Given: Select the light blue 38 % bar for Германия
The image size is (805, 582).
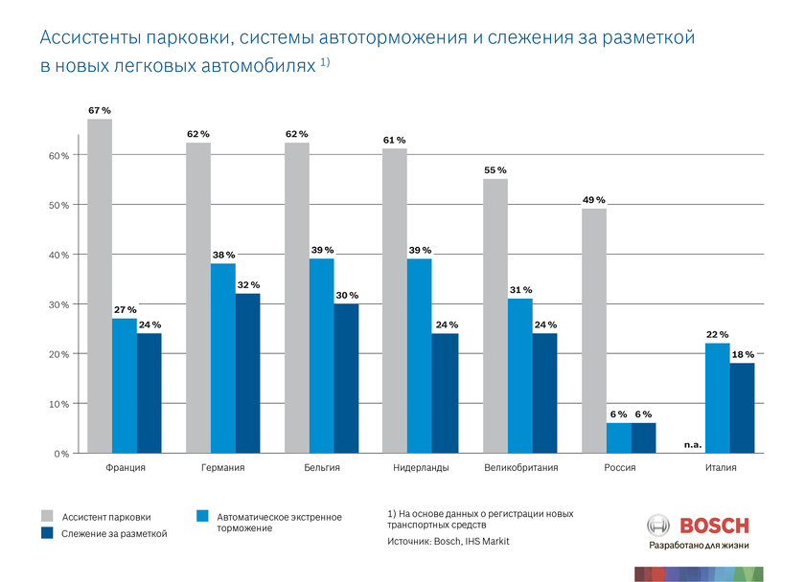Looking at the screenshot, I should click(x=223, y=357).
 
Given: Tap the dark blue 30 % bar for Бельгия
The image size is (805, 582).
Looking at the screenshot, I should click(x=346, y=378).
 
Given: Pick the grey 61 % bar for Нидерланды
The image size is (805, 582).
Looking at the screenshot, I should click(x=395, y=300).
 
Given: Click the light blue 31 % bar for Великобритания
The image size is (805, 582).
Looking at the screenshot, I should click(x=520, y=375).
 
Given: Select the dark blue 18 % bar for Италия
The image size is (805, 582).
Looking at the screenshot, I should click(x=742, y=407).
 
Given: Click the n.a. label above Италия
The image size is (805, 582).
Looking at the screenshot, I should click(x=692, y=445).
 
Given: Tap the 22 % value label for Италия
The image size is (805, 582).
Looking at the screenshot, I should click(x=717, y=334).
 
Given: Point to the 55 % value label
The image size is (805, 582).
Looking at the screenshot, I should click(x=494, y=170).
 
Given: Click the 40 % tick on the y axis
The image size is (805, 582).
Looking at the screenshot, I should click(x=59, y=255).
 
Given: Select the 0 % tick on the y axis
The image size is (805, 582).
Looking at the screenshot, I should click(x=62, y=454).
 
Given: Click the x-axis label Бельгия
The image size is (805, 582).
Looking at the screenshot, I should click(x=322, y=468).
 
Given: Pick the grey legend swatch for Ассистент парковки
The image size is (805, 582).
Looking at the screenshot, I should click(x=47, y=515).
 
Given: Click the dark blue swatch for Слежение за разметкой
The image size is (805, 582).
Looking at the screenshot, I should click(x=47, y=532).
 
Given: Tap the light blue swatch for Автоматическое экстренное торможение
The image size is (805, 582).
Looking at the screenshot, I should click(x=203, y=515).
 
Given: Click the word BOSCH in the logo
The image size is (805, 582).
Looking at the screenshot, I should click(x=714, y=526).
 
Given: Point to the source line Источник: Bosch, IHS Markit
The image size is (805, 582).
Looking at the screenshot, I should click(x=448, y=542).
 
